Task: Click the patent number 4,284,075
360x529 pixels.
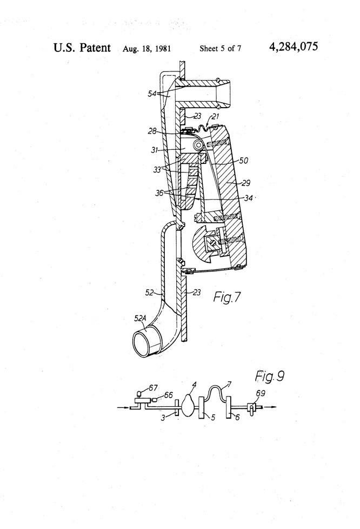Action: (x=294, y=47)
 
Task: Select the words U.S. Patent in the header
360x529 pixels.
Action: (x=82, y=48)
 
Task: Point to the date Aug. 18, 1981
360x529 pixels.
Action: (x=146, y=49)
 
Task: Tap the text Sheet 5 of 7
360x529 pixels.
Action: (x=220, y=49)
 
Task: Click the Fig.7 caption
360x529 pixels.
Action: (x=227, y=297)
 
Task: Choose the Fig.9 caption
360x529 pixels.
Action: (x=270, y=376)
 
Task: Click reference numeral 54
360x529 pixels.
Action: (x=152, y=94)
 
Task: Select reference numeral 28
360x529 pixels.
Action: (x=152, y=131)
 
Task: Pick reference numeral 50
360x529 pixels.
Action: (x=243, y=160)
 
